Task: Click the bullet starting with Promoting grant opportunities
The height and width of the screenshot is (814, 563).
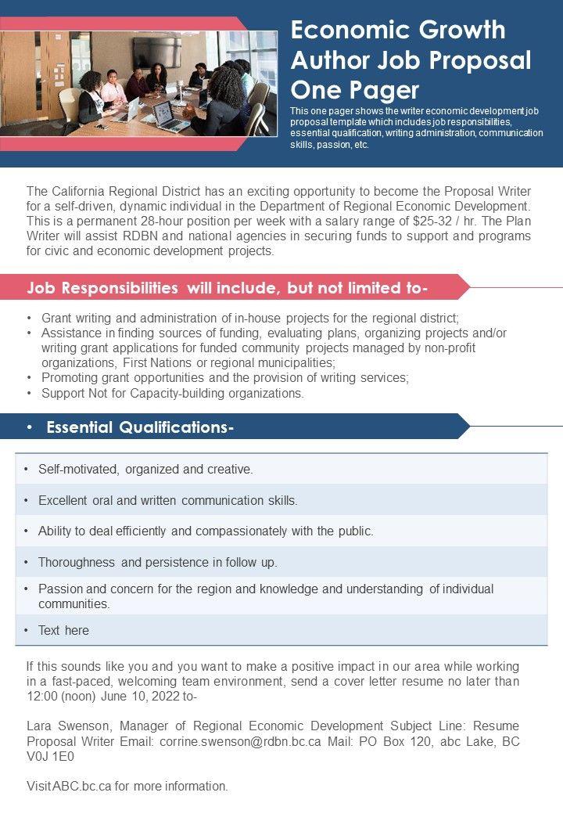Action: [225, 377]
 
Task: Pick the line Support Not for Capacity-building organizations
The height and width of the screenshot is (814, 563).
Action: [173, 393]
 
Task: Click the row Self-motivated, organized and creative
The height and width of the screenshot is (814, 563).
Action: [145, 470]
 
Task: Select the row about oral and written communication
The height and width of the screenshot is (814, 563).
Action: [167, 500]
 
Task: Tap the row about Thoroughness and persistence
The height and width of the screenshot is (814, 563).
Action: [158, 562]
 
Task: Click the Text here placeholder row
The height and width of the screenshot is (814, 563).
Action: [63, 630]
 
